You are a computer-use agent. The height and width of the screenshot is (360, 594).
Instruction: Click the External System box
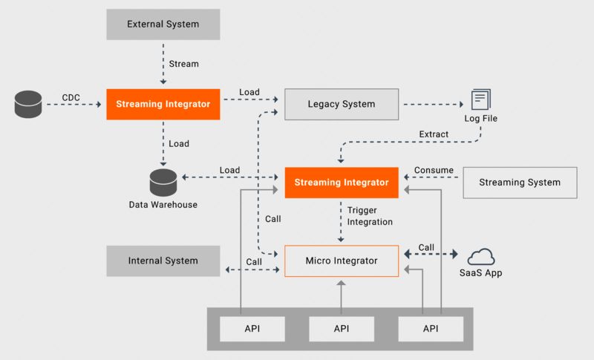point(163,24)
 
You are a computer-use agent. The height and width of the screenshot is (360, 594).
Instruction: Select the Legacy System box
point(342,104)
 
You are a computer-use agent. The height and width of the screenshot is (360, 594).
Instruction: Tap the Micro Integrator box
point(342,261)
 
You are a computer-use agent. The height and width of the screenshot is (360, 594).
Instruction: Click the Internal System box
point(163,261)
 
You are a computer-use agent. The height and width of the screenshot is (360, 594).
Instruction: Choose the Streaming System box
point(520,182)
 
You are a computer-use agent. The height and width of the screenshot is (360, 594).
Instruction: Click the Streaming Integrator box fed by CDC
point(163,104)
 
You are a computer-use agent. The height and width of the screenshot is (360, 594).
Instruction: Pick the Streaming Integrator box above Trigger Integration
point(342,182)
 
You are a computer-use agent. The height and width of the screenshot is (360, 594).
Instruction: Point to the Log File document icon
point(480,99)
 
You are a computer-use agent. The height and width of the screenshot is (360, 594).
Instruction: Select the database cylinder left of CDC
point(27,105)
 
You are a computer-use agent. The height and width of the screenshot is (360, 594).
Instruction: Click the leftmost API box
point(252,328)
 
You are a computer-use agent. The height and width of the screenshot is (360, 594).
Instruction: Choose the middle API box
point(342,328)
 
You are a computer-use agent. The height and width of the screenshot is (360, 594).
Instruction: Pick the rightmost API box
point(431,328)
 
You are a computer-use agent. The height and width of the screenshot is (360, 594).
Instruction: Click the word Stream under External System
point(184,64)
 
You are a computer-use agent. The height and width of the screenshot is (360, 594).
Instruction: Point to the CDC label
point(71,97)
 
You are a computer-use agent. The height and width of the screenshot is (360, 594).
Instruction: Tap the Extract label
point(434,134)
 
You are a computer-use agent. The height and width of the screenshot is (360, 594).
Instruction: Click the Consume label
point(434,170)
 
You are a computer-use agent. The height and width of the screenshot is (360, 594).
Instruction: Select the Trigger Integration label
point(370,216)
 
